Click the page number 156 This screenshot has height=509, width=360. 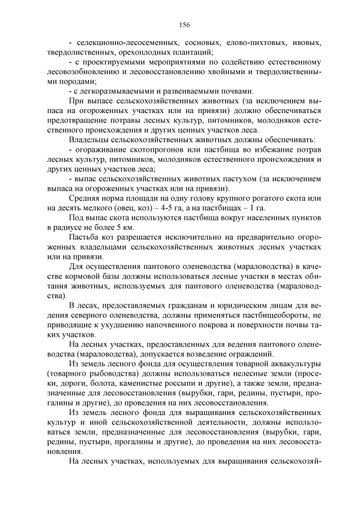184,24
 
